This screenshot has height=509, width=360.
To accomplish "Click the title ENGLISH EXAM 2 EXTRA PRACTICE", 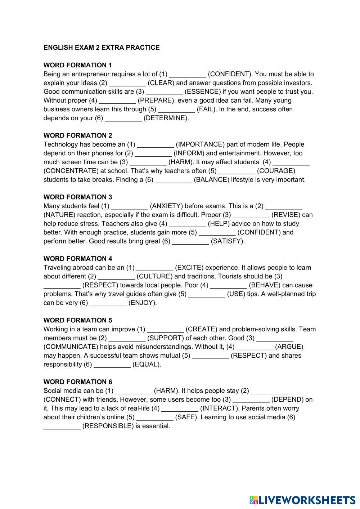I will click(x=102, y=48).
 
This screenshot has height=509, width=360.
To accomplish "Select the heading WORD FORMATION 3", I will click(x=78, y=197).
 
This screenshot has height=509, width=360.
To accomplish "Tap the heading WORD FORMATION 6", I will click(x=78, y=382).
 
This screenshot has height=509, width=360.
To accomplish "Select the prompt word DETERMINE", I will click(x=166, y=118).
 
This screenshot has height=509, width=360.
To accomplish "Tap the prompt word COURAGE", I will click(x=276, y=171).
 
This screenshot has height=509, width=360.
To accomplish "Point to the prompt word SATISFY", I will click(x=228, y=241).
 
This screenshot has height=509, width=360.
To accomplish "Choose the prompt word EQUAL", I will click(x=147, y=365).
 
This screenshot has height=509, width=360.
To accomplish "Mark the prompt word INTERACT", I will click(x=220, y=408).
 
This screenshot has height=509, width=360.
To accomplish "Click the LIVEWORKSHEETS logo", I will click(x=302, y=500).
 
